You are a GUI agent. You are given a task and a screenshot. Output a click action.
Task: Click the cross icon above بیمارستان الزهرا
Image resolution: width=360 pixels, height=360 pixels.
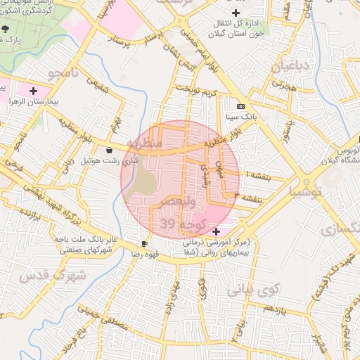(33, 91)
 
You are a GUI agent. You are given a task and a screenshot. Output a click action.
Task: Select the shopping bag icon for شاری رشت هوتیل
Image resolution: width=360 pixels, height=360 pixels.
(109, 150)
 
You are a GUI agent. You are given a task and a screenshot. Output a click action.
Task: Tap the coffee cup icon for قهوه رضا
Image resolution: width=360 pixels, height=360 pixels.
(145, 243)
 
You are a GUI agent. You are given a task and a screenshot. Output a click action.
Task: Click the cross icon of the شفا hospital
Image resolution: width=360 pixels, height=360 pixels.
(215, 231)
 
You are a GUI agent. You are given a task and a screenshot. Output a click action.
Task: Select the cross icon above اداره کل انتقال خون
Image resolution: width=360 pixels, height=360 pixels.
(236, 13)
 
